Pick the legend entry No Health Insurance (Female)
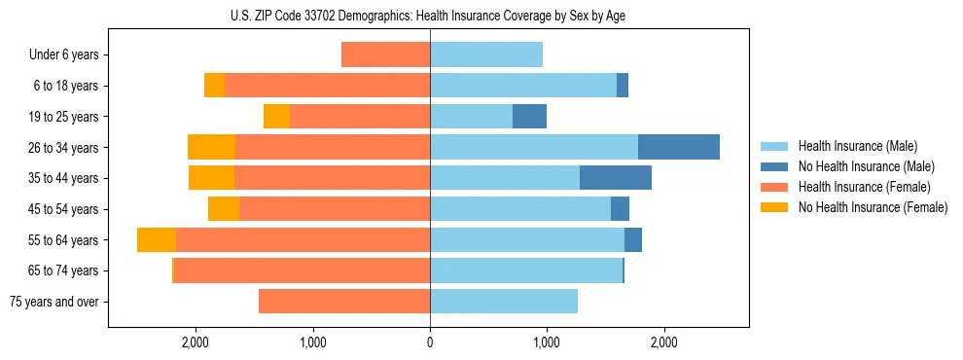pyautogui.click(x=873, y=207)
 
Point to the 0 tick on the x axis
pyautogui.click(x=430, y=342)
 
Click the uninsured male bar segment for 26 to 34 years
pyautogui.click(x=679, y=147)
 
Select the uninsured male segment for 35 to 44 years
pyautogui.click(x=616, y=178)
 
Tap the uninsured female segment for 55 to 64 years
pyautogui.click(x=157, y=239)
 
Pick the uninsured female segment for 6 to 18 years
pyautogui.click(x=214, y=86)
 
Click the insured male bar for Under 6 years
pyautogui.click(x=486, y=54)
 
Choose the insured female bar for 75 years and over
pyautogui.click(x=344, y=302)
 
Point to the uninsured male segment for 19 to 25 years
pyautogui.click(x=529, y=117)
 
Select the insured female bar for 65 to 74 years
pyautogui.click(x=302, y=270)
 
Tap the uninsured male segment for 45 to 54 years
pyautogui.click(x=620, y=209)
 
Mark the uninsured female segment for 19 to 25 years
pyautogui.click(x=276, y=117)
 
